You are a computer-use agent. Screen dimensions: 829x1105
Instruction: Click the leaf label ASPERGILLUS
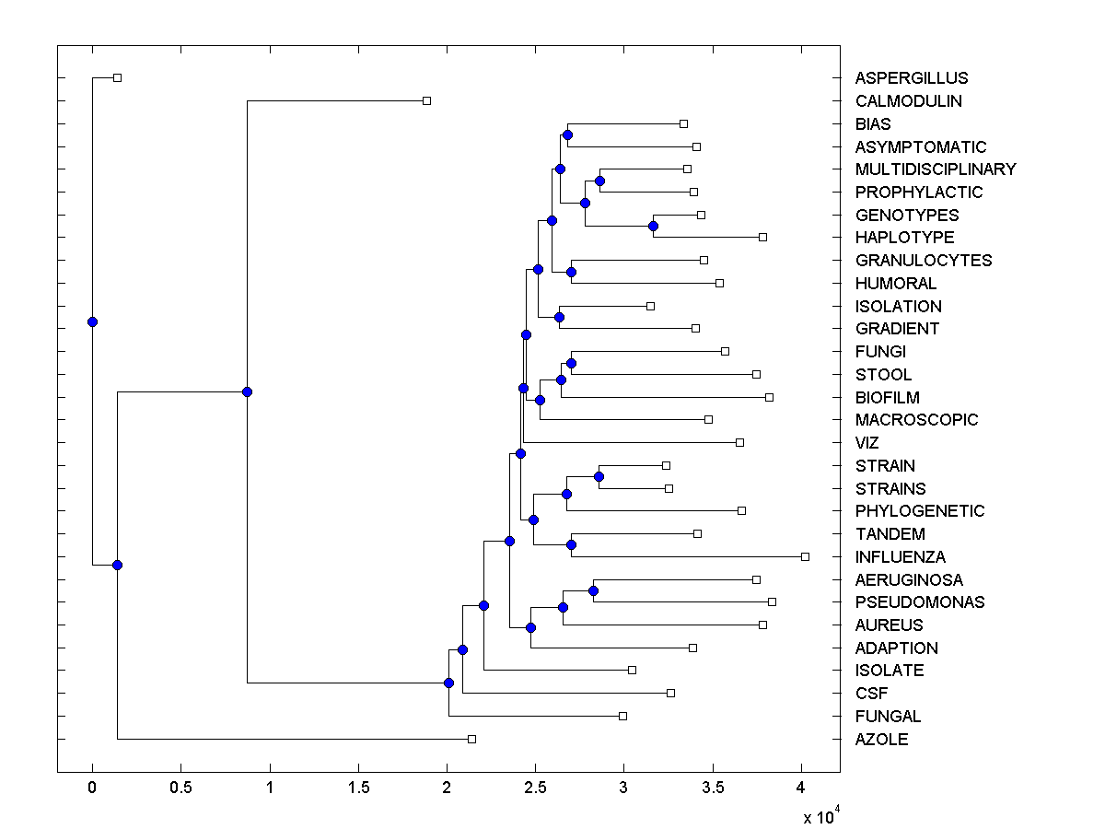[x=912, y=78]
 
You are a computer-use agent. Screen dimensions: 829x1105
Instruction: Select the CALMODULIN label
[x=909, y=101]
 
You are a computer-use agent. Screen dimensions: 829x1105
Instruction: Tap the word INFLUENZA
[x=901, y=557]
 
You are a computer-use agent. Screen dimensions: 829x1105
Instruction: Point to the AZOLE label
[x=881, y=740]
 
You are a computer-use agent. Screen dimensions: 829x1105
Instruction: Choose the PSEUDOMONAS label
[x=920, y=602]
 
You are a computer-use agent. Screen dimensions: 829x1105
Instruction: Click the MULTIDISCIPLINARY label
[x=936, y=169]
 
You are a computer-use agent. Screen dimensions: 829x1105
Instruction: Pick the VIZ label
[x=867, y=443]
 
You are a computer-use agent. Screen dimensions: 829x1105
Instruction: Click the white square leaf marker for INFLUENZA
[x=805, y=556]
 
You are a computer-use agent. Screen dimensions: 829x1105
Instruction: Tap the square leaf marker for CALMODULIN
[x=426, y=100]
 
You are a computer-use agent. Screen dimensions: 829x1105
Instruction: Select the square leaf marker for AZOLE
[x=471, y=739]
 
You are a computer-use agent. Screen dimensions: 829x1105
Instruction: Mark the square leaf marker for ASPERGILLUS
[x=117, y=77]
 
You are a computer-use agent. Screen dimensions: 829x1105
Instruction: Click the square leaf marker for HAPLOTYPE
[x=762, y=237]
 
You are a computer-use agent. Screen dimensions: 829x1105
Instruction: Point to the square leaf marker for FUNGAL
[x=622, y=716]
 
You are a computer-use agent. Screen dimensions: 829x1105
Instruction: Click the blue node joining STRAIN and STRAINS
[x=599, y=476]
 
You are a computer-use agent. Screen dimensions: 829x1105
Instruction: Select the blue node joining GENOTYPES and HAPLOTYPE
[x=653, y=226]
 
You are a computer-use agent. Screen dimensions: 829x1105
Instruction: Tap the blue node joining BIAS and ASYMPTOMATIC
[x=567, y=135]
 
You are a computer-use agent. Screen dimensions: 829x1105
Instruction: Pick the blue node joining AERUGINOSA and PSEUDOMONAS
[x=593, y=590]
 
